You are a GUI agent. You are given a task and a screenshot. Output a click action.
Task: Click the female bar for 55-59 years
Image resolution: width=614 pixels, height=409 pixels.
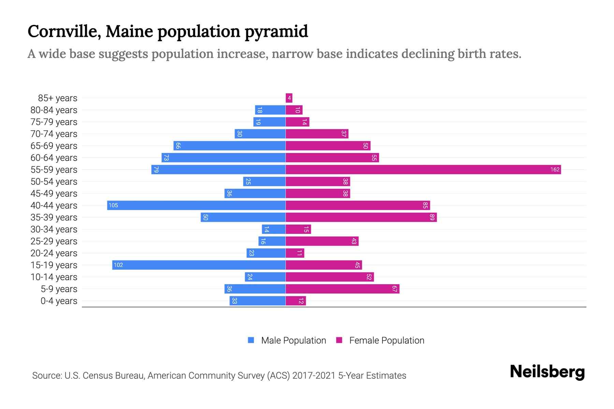pos(423,169)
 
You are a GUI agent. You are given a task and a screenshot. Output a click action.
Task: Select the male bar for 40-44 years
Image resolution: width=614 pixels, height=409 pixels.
pos(196,205)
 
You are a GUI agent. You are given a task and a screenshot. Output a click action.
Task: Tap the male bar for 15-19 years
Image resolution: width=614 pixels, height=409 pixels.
pos(199,265)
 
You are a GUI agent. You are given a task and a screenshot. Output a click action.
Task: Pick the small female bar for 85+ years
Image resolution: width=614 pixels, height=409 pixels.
pos(289,98)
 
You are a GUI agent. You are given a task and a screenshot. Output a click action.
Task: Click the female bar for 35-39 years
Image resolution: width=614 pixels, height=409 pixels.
pos(361,217)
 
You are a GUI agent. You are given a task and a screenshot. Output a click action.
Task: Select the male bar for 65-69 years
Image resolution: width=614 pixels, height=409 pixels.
pos(229,146)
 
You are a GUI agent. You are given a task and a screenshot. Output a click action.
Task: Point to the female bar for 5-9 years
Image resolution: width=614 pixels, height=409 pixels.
pos(342,289)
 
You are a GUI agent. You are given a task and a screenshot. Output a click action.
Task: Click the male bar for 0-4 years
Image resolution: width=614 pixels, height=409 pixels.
pos(258,301)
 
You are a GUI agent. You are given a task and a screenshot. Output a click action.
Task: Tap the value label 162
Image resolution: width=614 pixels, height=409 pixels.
pos(555,169)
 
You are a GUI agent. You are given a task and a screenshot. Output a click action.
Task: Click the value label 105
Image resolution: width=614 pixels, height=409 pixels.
pos(113,205)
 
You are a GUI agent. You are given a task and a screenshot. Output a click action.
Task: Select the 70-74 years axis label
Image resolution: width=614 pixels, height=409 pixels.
pos(54,134)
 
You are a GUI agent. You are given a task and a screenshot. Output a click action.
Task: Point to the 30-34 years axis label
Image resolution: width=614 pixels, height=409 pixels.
pos(54,229)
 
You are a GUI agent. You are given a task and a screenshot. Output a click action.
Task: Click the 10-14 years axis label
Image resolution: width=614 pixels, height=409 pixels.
pos(54,277)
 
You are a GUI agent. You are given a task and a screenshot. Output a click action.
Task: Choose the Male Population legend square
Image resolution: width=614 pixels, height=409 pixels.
pos(251,340)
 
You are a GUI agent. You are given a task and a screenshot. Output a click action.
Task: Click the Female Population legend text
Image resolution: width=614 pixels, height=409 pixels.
pos(386,340)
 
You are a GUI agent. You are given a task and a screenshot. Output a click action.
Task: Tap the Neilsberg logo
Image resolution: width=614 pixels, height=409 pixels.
pos(547,372)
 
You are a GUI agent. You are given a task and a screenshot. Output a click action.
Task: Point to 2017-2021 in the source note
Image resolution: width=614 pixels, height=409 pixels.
pos(314,376)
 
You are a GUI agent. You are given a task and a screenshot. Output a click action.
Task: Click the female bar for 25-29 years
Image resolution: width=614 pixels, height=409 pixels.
pos(322,241)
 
